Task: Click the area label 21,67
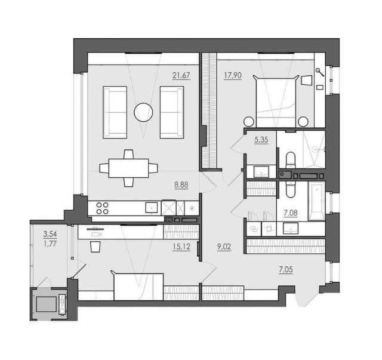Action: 181,76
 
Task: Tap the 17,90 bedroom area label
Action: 233,76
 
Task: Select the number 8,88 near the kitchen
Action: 181,185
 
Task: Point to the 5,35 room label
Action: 261,140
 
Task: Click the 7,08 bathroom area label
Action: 291,213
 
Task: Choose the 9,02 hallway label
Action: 224,247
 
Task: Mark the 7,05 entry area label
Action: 286,270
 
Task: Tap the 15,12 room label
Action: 181,247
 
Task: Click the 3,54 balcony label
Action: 50,234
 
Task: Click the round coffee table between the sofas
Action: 143,112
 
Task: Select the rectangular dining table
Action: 129,168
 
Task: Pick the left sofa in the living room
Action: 115,112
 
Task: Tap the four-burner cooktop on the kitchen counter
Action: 102,208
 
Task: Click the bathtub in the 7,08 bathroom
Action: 317,201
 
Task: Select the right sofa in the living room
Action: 172,112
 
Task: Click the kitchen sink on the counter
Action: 152,208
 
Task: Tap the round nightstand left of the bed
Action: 249,122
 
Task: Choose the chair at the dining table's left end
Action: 104,168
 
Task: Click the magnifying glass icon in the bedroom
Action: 320,72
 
